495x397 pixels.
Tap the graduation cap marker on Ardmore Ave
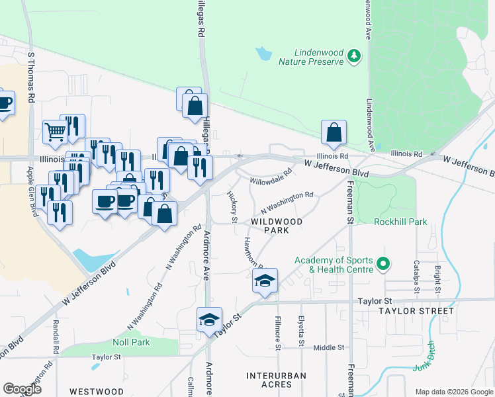pyautogui.click(x=209, y=320)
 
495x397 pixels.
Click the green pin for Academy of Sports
pyautogui.click(x=382, y=265)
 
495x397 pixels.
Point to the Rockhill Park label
pyautogui.click(x=400, y=222)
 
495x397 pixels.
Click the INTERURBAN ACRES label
pyautogui.click(x=276, y=380)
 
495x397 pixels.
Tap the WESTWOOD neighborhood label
pyautogui.click(x=97, y=392)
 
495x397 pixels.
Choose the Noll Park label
pyautogui.click(x=131, y=342)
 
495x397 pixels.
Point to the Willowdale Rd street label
pyautogui.click(x=271, y=179)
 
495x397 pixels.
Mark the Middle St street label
pyautogui.click(x=328, y=347)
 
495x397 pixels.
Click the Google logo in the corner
pyautogui.click(x=22, y=389)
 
